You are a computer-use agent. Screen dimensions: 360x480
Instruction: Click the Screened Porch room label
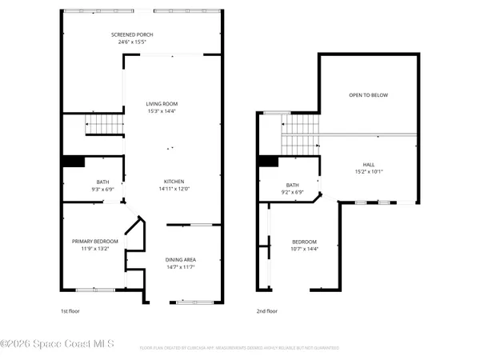pos(131,35)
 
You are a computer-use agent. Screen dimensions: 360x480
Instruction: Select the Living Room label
pos(161,104)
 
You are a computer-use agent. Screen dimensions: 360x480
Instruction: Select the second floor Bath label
pos(292,185)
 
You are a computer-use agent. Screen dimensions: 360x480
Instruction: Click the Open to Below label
pos(368,95)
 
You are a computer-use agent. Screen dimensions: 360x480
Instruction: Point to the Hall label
pos(368,164)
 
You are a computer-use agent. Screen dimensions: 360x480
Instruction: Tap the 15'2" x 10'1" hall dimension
pos(368,171)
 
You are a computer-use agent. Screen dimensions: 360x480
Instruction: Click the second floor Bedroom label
pos(304,242)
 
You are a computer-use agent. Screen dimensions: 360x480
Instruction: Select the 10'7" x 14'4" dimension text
pos(304,249)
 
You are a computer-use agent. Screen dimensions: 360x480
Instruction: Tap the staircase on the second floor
pos(301,133)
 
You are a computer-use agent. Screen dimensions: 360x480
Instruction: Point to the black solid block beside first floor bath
pos(74,162)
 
